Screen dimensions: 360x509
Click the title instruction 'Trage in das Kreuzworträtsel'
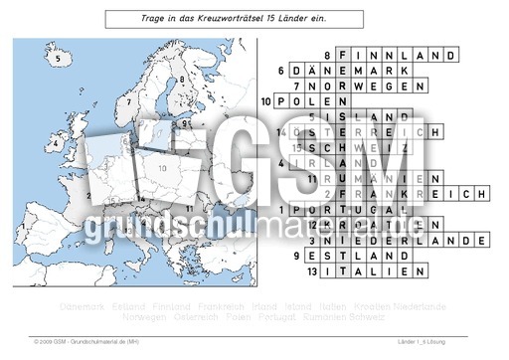(x=234, y=18)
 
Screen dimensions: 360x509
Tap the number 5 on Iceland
(x=60, y=59)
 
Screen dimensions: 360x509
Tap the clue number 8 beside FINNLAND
(x=327, y=56)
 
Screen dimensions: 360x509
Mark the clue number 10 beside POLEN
(x=265, y=101)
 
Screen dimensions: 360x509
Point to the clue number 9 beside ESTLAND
(x=312, y=256)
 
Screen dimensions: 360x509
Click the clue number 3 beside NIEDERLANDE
(x=312, y=241)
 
